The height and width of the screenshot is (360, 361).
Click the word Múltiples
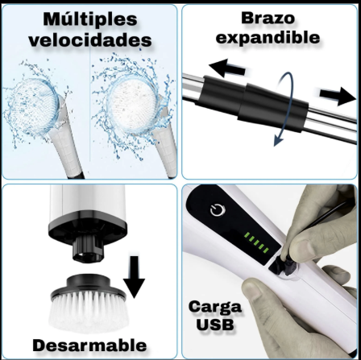90,19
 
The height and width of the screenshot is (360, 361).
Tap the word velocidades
90,40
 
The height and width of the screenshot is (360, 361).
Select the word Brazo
268,19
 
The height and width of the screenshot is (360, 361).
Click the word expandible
268,38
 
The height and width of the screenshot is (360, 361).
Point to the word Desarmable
89,346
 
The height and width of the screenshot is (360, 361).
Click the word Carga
215,308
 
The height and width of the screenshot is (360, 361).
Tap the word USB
215,325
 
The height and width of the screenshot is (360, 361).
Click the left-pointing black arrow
227,68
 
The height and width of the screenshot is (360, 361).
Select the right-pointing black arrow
338,96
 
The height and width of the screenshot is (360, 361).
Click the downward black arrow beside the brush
134,277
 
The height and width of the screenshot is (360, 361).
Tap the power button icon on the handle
218,210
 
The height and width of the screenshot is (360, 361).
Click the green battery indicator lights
256,242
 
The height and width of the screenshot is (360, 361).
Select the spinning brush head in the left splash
34,104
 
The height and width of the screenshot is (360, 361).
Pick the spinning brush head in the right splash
131,104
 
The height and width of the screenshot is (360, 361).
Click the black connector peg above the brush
88,249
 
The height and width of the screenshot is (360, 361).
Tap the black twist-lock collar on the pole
252,103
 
